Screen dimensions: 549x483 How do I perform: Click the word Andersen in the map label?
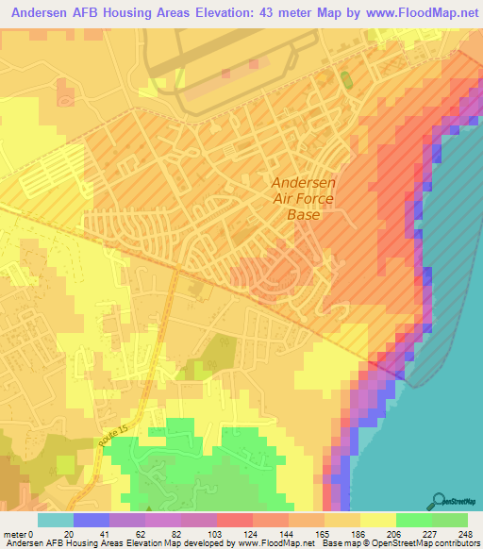(303, 183)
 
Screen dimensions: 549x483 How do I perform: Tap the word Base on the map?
(303, 215)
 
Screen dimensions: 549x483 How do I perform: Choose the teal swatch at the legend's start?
(56, 520)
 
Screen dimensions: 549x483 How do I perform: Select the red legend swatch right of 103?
(235, 520)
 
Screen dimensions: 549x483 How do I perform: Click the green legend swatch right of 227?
(450, 520)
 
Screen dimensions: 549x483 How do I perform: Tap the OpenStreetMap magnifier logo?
(437, 500)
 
